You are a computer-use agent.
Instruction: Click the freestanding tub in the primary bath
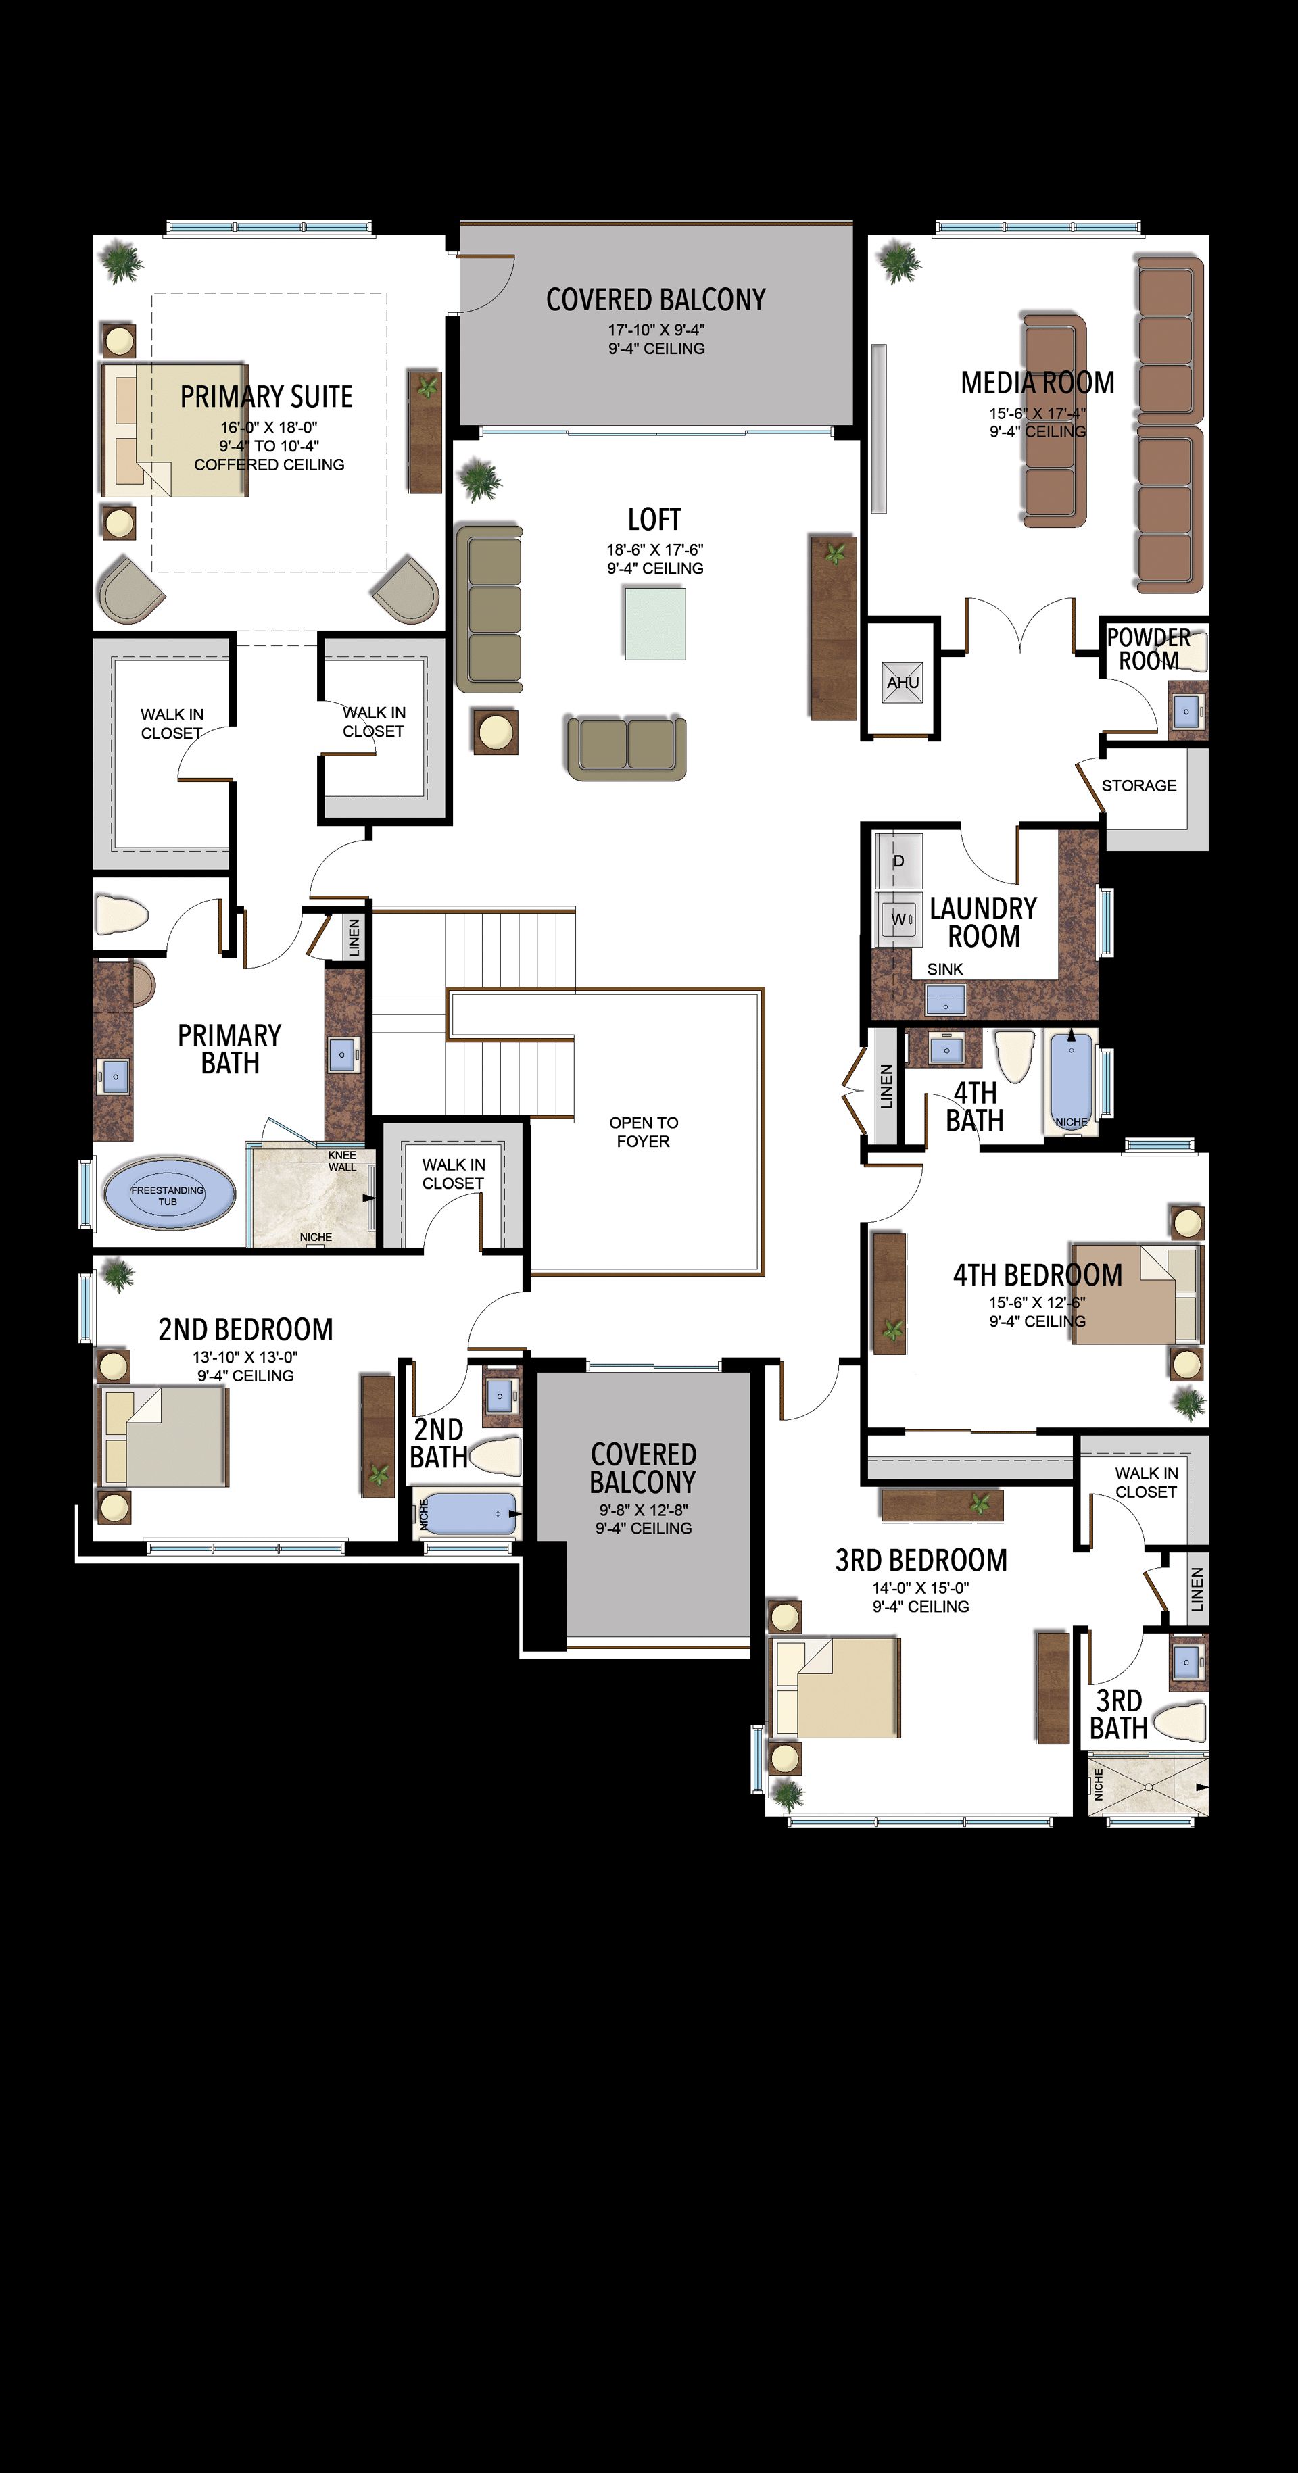point(168,1195)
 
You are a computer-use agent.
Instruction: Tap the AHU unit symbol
point(903,681)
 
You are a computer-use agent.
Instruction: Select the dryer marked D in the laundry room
point(898,860)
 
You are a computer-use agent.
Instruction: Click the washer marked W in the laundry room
point(898,919)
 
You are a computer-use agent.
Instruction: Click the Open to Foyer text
point(643,1132)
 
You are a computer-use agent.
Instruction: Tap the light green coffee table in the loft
point(655,624)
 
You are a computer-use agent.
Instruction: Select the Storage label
point(1138,785)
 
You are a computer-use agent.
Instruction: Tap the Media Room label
point(1038,383)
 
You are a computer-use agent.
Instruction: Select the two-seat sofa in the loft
point(627,747)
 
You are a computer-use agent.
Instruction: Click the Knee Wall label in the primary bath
point(342,1160)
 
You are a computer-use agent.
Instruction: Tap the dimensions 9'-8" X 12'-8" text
point(643,1510)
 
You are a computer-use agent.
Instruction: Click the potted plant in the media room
point(898,261)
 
